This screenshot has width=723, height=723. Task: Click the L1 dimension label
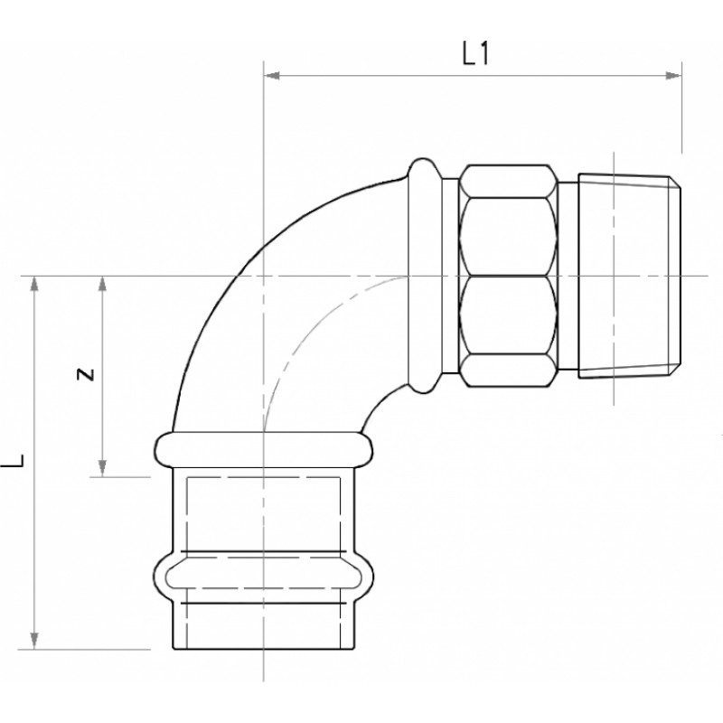click(475, 53)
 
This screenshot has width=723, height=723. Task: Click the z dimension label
click(86, 374)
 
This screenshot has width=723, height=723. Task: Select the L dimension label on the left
click(13, 460)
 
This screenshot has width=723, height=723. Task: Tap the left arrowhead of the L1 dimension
click(272, 76)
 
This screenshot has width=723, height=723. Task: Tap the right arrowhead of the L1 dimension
click(673, 76)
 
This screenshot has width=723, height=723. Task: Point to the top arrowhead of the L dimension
click(34, 284)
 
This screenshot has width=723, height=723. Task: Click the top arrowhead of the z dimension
click(102, 284)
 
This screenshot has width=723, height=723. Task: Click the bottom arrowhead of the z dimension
click(102, 468)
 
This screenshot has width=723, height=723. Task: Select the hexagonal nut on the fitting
click(509, 276)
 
